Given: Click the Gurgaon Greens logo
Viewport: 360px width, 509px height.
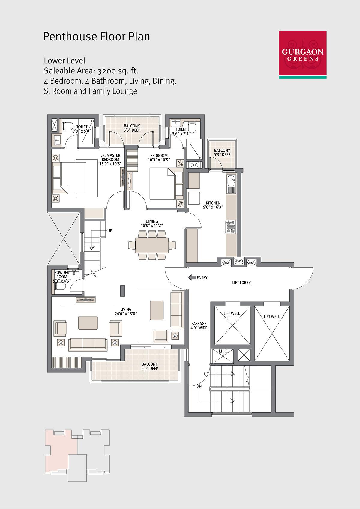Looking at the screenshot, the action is click(302, 55).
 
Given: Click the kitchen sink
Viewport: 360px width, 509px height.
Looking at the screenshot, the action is click(231, 181).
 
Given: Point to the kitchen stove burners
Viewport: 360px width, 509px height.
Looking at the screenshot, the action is click(231, 227).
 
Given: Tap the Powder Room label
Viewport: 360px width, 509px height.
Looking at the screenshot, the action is click(61, 274).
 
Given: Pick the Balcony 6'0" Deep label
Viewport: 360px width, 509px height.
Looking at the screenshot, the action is click(150, 366).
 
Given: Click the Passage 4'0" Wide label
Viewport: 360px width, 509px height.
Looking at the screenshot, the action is click(199, 325).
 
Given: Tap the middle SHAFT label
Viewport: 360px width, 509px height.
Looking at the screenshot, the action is click(239, 261).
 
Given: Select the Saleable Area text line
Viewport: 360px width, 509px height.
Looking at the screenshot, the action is click(91, 71).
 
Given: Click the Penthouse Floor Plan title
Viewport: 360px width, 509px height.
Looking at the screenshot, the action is click(96, 37).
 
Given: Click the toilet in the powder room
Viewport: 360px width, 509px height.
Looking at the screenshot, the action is click(60, 287).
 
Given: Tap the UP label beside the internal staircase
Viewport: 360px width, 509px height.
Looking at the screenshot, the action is click(110, 231).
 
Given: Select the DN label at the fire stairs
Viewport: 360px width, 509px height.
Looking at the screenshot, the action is click(199, 386).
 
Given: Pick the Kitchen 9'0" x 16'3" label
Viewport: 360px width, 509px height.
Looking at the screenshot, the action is click(213, 205).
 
